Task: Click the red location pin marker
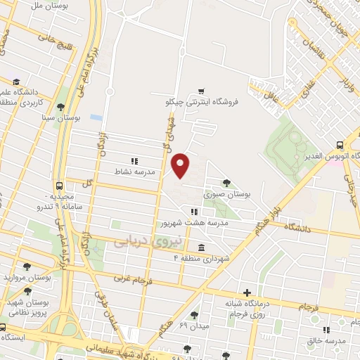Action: (x=181, y=165)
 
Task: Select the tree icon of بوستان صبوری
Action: (x=225, y=182)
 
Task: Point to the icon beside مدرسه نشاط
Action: (x=134, y=162)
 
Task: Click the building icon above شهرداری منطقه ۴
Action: (x=202, y=247)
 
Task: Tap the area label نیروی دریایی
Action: (x=147, y=240)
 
